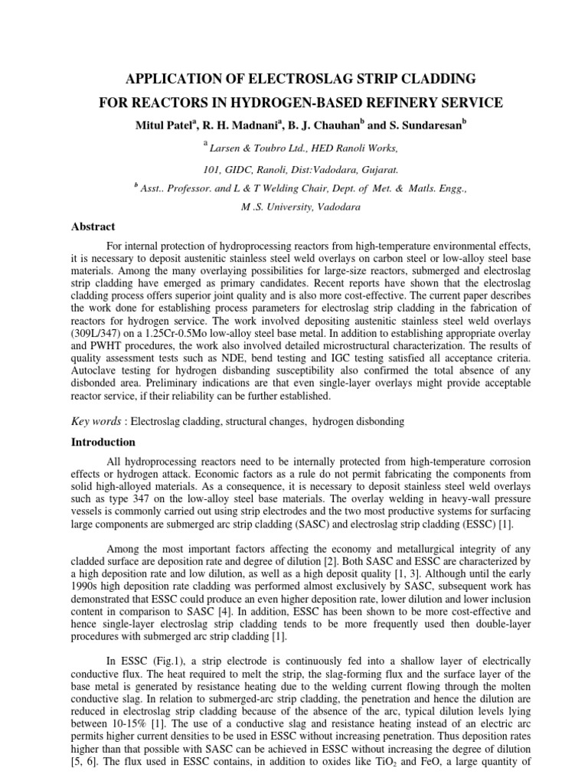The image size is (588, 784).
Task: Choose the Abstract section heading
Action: point(93,227)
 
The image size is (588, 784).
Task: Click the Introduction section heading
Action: point(103,442)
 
